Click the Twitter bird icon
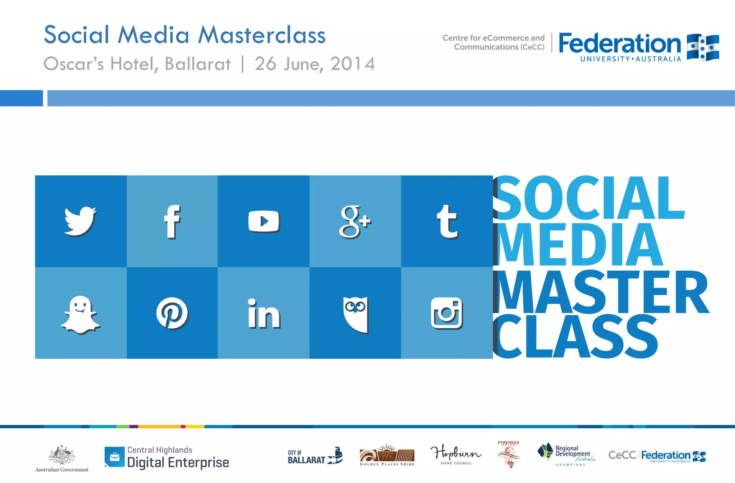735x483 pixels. pos(80,221)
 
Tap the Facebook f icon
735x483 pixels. pos(172,221)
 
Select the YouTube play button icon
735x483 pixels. pos(264,221)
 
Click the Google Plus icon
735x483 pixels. pos(355,221)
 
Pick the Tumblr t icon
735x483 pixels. pos(447,221)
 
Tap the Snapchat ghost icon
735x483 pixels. pos(81,314)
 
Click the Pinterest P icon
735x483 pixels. pos(172,313)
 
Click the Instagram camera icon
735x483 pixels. pos(447,313)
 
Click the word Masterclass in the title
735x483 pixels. pos(262,35)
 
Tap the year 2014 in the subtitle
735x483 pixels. pos(352,64)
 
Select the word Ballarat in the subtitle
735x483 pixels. pos(197,64)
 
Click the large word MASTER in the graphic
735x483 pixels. pos(601,291)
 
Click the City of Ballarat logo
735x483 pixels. pos(315,456)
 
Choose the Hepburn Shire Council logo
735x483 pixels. pos(456,454)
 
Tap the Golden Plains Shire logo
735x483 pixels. pos(387,454)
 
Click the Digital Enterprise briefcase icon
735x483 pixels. pos(114,457)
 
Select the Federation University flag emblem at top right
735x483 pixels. pos(703,47)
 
